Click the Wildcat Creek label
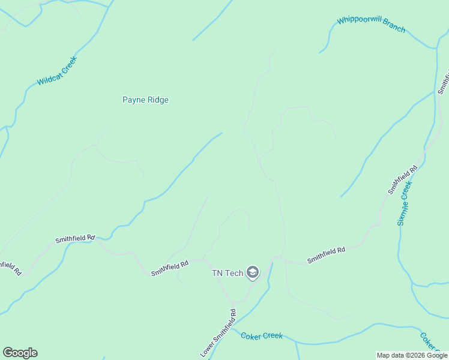pos(58,71)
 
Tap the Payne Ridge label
pos(145,100)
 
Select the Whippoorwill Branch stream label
pos(371,25)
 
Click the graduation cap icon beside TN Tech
pos(253,274)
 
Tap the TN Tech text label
pos(228,274)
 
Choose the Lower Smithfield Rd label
pos(218,333)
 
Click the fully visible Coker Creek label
pos(262,336)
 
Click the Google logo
pos(20,353)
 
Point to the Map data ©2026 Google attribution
pos(412,355)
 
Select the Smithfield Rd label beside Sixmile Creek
pos(402,180)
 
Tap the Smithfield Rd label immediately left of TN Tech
pos(170,268)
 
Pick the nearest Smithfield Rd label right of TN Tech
pos(326,256)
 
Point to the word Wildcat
pos(48,77)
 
